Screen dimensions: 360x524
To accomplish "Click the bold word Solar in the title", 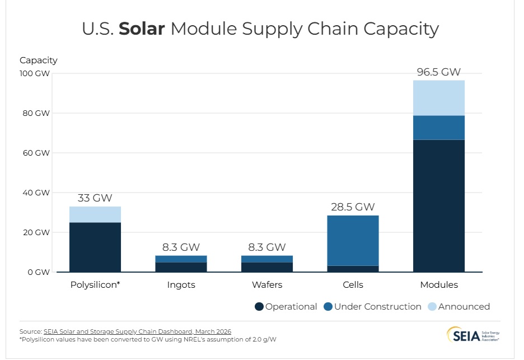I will click(x=142, y=29).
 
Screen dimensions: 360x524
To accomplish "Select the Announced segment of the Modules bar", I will click(x=438, y=98).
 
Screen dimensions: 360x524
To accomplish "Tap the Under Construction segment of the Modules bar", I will click(x=438, y=128).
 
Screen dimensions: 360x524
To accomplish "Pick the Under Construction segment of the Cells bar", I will click(x=353, y=240).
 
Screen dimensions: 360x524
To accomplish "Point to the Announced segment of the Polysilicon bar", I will click(x=95, y=214).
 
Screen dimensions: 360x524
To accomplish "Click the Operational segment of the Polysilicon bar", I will click(x=95, y=247).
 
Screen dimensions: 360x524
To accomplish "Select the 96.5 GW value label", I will click(x=438, y=72).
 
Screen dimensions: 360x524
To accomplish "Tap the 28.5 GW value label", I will click(x=353, y=207).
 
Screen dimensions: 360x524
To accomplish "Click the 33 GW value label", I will click(x=95, y=198).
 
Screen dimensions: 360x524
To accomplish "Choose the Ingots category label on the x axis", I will click(x=181, y=285).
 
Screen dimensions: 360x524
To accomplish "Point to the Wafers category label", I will click(x=266, y=285).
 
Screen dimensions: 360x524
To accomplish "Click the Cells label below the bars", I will click(x=353, y=285).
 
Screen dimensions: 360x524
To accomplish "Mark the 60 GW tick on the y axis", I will click(x=35, y=153).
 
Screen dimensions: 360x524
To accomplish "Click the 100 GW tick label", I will click(x=33, y=73).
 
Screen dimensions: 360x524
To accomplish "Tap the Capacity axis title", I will click(x=38, y=60).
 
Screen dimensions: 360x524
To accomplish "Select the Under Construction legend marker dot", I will click(x=329, y=307).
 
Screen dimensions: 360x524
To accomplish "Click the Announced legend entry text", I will click(x=464, y=307).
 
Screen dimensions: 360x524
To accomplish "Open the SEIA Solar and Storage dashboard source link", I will click(x=137, y=332).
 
